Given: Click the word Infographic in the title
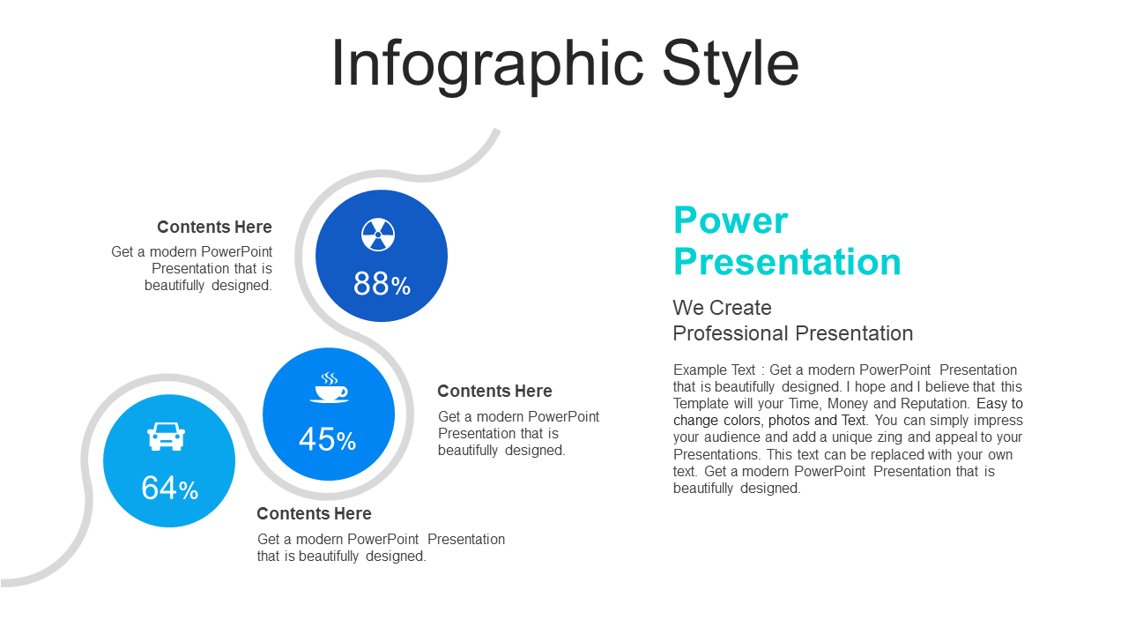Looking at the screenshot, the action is point(487,65).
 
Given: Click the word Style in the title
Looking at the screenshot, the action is point(731,65).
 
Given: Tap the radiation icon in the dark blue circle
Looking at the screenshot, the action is point(378,235).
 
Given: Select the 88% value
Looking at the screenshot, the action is point(382,283).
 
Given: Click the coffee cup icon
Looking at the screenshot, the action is point(329,387).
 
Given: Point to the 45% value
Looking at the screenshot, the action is point(327,439).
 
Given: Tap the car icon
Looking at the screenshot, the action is point(167,437).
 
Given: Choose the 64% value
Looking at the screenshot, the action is point(170,488).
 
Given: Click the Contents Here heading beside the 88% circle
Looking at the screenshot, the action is point(214,227).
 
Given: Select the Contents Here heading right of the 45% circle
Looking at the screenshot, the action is point(494,391).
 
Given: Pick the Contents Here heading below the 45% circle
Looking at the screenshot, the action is point(315,513).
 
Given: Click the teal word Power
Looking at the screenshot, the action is point(731,220).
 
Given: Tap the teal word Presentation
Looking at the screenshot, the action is point(788,262).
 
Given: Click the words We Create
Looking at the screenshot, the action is point(722,308).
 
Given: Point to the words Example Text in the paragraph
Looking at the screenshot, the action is point(714,370).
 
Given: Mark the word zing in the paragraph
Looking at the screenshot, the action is point(890,437).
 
